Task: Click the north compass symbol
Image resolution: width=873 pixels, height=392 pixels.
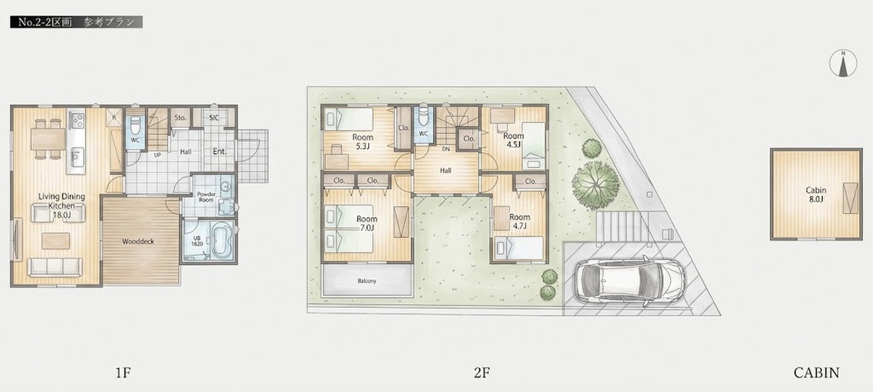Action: click(843, 63)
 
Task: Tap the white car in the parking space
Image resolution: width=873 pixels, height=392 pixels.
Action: click(630, 279)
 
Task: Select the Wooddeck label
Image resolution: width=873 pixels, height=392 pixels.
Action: click(138, 241)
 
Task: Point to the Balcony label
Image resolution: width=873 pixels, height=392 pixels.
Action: click(367, 281)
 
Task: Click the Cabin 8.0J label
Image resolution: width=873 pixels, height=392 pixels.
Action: click(816, 194)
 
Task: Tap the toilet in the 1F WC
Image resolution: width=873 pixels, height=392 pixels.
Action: click(135, 124)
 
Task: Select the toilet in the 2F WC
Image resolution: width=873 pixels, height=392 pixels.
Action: click(423, 116)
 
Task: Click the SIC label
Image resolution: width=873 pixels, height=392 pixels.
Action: click(214, 117)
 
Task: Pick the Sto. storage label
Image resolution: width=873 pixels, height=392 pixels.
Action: click(180, 117)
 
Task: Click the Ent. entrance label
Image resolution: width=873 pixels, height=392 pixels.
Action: click(220, 151)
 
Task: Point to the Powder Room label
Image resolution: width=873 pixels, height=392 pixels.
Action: click(206, 197)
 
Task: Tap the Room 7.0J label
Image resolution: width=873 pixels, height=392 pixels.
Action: click(367, 223)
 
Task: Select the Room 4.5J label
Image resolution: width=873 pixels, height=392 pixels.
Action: click(514, 140)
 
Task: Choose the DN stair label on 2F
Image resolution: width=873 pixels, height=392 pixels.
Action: click(446, 149)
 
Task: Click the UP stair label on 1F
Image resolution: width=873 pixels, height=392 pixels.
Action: click(157, 155)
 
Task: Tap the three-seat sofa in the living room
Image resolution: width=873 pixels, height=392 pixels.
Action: click(55, 268)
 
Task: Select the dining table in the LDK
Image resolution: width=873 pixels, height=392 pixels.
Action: click(48, 139)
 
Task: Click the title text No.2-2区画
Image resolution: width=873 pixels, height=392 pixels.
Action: click(45, 23)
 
